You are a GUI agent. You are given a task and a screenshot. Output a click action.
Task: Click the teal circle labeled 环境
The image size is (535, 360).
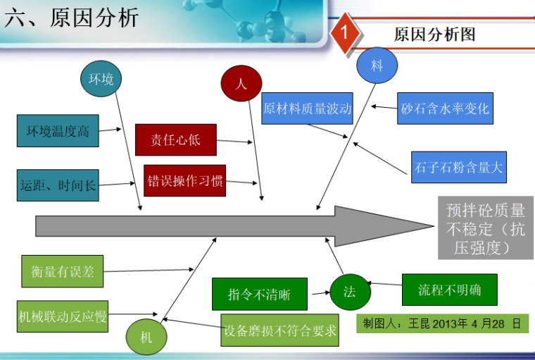(101, 79)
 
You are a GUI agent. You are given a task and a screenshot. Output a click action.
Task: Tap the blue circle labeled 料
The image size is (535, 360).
(377, 66)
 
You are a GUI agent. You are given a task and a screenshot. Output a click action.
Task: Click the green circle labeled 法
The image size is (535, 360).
(350, 292)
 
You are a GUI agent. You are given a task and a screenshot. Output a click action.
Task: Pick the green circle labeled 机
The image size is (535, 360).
(146, 337)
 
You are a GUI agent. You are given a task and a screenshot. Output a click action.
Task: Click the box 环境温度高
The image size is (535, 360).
(58, 131)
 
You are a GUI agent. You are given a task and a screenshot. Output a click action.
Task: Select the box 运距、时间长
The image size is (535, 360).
(58, 186)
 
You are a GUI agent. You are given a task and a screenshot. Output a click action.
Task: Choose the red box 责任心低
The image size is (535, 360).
(175, 139)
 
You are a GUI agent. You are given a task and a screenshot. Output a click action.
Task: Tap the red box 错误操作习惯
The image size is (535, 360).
(185, 181)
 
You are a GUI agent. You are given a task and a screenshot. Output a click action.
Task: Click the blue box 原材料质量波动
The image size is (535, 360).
(307, 108)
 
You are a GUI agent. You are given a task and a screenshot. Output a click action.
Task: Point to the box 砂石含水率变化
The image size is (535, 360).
(445, 108)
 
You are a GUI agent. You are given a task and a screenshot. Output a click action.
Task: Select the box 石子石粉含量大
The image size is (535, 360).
(458, 167)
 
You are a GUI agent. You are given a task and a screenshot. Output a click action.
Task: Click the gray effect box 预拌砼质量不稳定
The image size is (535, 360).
(485, 229)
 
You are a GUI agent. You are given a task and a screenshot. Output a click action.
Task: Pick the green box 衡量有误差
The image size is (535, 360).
(62, 271)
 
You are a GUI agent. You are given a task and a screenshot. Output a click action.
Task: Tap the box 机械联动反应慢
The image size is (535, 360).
(63, 316)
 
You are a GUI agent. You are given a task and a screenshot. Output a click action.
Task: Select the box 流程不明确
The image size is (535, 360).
(449, 290)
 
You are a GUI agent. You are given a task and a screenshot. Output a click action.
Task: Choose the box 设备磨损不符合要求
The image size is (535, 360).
(280, 330)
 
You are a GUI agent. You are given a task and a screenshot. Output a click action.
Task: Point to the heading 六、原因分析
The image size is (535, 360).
(71, 18)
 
